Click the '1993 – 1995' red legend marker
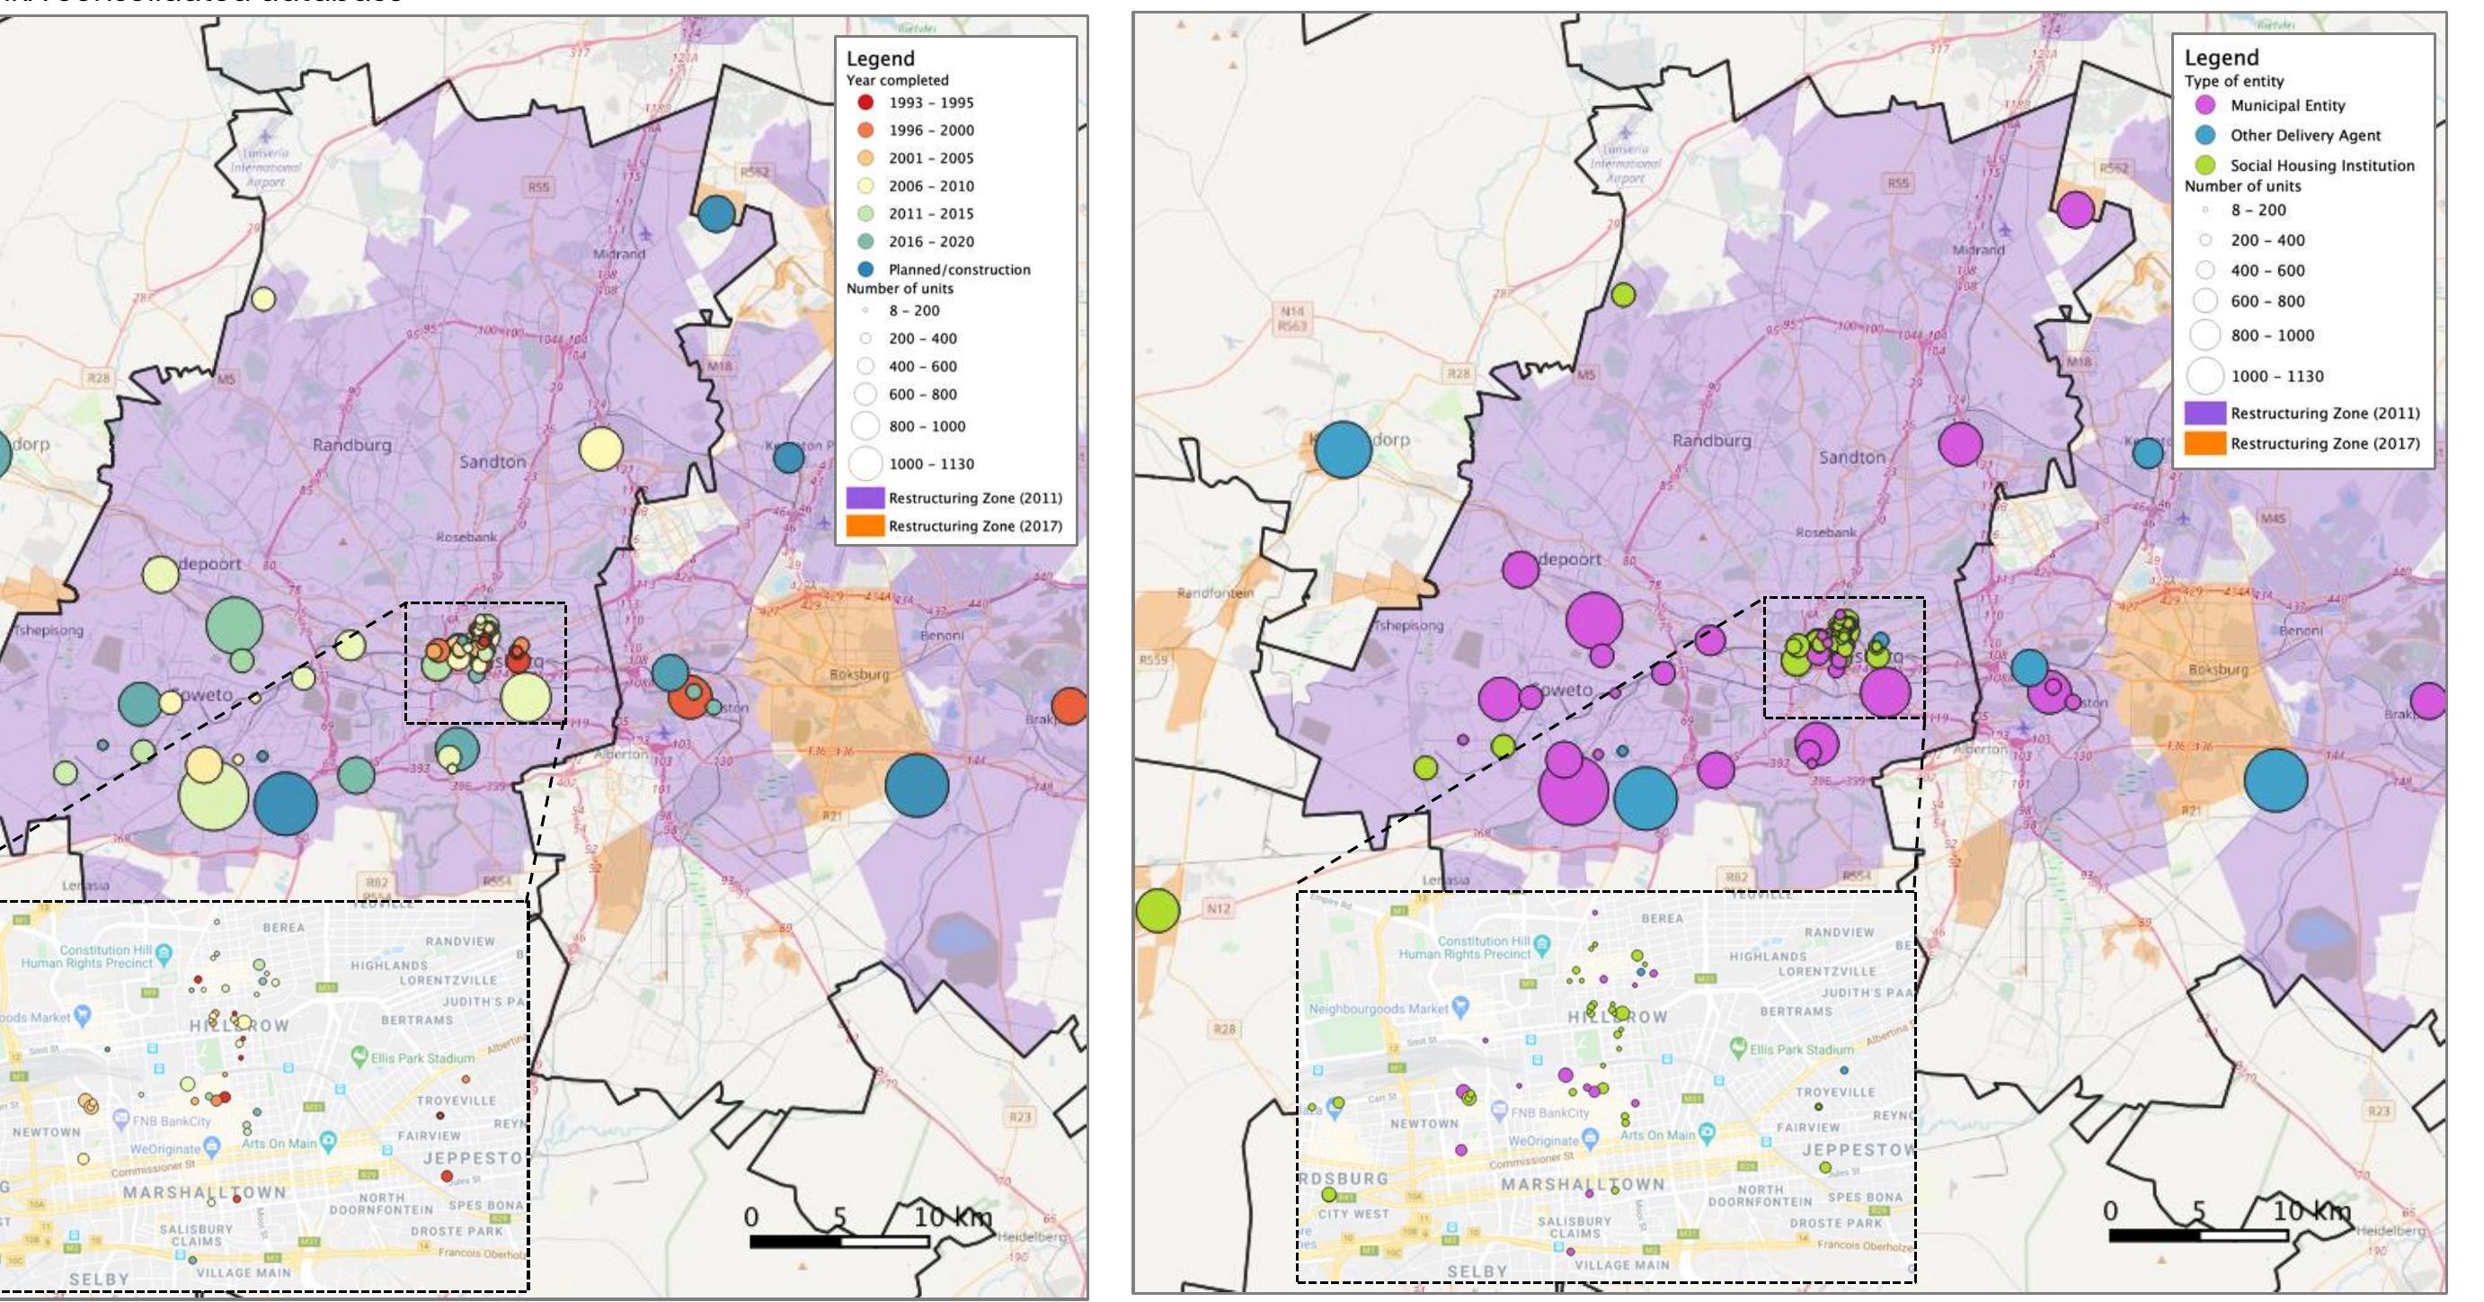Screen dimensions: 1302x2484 [866, 103]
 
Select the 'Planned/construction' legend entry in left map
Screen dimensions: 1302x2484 [959, 270]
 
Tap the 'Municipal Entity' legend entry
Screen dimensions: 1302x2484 [2287, 105]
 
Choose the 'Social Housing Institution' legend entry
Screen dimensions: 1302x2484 [2321, 165]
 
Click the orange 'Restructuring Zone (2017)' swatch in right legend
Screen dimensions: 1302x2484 [2205, 443]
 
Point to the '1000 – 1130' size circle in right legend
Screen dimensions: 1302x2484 [2205, 376]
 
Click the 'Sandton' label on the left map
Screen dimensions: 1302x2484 [492, 462]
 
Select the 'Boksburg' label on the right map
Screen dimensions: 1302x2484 [2218, 669]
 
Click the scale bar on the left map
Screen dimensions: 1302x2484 [838, 1241]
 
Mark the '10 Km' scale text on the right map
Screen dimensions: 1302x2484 [2311, 1211]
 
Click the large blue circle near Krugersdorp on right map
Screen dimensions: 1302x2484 [1344, 450]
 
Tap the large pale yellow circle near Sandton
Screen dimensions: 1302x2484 [600, 450]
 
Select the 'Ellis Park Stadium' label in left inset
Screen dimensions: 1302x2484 [422, 1058]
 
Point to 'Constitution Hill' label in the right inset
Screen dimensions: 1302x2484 [1483, 941]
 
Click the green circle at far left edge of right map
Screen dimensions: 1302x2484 [1157, 911]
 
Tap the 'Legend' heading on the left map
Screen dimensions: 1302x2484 [880, 58]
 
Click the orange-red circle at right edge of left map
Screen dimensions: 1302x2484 [1069, 706]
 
